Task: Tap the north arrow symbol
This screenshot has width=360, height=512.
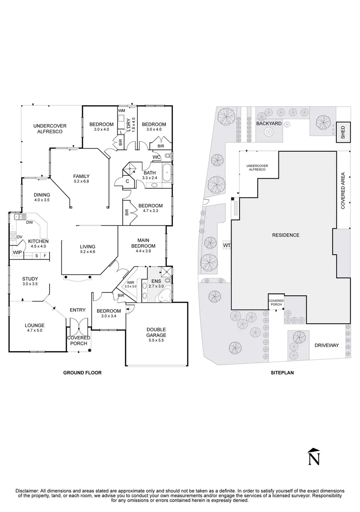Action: [314, 456]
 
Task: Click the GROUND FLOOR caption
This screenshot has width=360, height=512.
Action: [82, 373]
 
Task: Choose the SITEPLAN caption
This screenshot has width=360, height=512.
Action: [282, 373]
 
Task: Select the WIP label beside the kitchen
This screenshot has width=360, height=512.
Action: [18, 252]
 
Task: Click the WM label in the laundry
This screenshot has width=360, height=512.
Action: [121, 110]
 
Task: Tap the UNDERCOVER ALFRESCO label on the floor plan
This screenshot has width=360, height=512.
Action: [50, 128]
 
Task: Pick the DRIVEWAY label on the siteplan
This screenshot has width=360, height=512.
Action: [327, 346]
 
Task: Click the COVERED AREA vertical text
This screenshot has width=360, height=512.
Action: [342, 191]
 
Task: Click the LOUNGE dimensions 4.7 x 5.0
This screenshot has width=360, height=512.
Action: [35, 331]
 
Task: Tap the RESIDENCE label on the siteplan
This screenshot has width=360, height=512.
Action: [286, 235]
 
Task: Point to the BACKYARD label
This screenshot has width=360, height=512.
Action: [269, 123]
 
